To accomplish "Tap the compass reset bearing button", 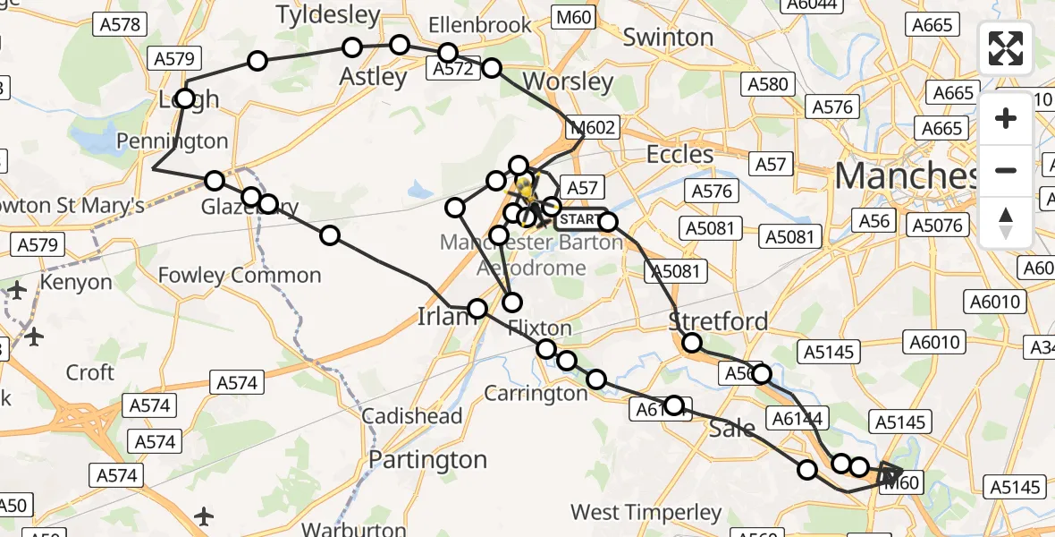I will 1006,222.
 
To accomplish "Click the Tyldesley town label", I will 328,14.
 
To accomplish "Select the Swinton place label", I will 668,38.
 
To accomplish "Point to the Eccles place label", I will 679,154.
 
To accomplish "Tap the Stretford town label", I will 719,321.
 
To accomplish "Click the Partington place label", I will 428,460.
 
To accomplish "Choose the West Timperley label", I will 646,513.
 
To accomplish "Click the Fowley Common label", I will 239,275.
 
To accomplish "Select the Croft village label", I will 90,372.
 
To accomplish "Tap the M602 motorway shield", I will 592,128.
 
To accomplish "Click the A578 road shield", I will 121,24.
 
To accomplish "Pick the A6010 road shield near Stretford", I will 933,342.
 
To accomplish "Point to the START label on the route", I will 581,219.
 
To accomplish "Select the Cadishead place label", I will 412,416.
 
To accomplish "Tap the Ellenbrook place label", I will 480,25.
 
